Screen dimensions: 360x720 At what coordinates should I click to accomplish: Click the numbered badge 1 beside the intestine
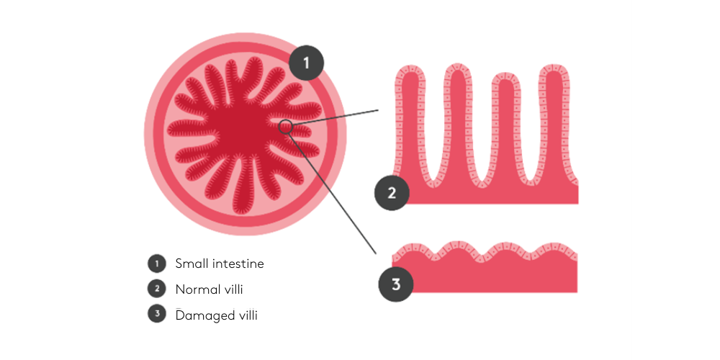point(306,63)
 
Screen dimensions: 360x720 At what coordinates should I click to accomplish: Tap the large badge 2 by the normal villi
point(392,193)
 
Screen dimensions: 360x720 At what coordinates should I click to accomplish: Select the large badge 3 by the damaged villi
point(396,284)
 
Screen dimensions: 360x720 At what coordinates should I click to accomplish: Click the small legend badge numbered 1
point(156,264)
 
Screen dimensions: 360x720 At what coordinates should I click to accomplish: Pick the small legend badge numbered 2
point(156,289)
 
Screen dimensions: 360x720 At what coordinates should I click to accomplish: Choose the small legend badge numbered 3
point(156,315)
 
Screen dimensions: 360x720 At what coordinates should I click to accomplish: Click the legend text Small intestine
point(220,264)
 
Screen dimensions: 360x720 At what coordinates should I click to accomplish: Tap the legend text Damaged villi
point(216,315)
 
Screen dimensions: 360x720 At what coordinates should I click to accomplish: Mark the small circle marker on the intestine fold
point(286,126)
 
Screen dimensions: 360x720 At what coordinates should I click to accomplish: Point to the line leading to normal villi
point(335,118)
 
